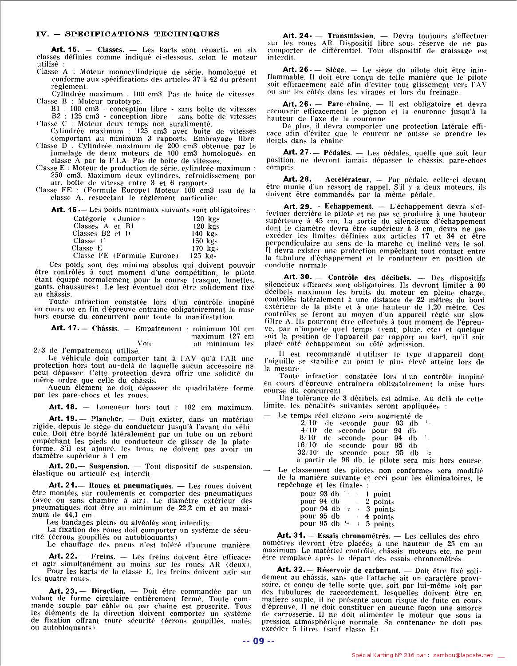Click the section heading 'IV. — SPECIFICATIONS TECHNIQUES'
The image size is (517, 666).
point(127,34)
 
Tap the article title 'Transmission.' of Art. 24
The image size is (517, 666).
point(351,36)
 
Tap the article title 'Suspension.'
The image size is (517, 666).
point(109,466)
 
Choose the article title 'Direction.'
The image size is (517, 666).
point(108,591)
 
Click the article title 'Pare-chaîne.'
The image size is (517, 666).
point(348,104)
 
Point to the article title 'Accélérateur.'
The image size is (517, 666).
point(348,179)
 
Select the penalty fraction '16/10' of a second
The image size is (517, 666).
point(307,445)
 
